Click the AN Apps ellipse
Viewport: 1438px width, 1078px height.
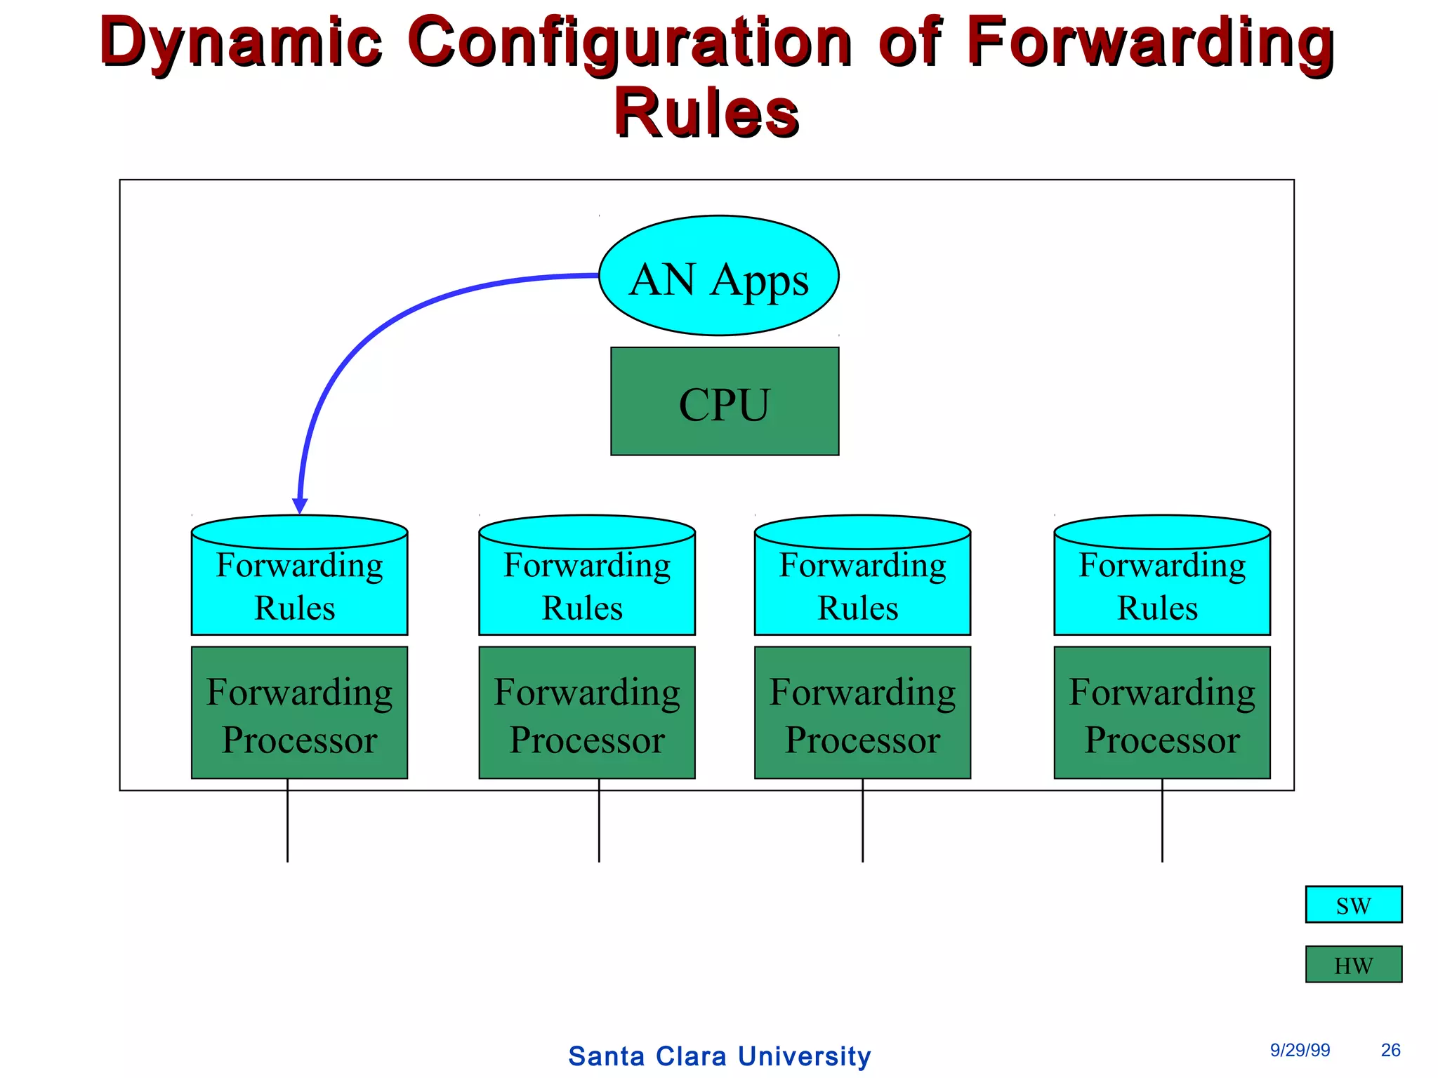pyautogui.click(x=718, y=276)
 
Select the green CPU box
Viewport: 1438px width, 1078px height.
pyautogui.click(x=724, y=401)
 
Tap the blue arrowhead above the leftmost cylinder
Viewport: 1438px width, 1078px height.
pyautogui.click(x=300, y=505)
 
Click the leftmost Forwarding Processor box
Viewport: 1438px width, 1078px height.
pyautogui.click(x=299, y=712)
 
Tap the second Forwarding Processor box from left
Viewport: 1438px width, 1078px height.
pyautogui.click(x=586, y=712)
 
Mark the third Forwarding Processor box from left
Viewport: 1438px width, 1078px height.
pyautogui.click(x=862, y=712)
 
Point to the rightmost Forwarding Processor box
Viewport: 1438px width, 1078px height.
pyautogui.click(x=1161, y=712)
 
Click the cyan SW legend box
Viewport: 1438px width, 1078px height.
pyautogui.click(x=1353, y=904)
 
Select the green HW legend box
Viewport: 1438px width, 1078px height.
pyautogui.click(x=1353, y=964)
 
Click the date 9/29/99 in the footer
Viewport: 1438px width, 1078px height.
pyautogui.click(x=1300, y=1050)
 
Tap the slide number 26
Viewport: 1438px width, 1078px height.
pyautogui.click(x=1390, y=1050)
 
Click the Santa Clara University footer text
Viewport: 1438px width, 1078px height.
pyautogui.click(x=719, y=1056)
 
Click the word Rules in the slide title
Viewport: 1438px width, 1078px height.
pyautogui.click(x=706, y=112)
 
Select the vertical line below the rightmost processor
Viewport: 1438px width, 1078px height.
pyautogui.click(x=1162, y=821)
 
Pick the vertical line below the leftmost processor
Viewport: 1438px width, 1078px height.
pyautogui.click(x=287, y=821)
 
